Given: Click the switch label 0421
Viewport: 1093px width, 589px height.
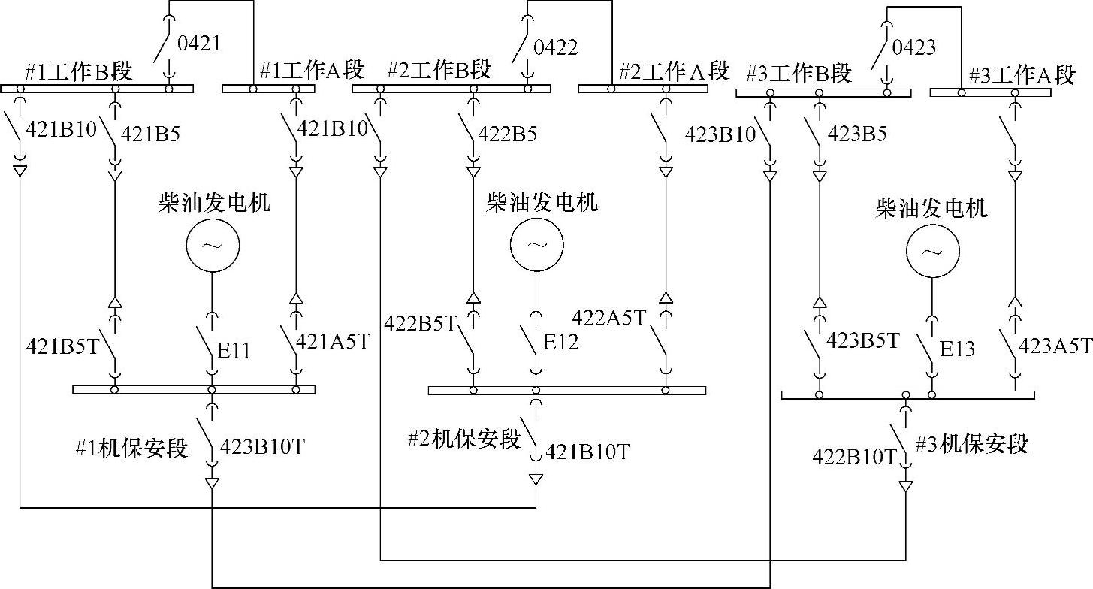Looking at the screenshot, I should click(198, 44).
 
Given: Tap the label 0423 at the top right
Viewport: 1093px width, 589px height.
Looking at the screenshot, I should click(913, 47).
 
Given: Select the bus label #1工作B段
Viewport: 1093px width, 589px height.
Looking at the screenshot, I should click(78, 72).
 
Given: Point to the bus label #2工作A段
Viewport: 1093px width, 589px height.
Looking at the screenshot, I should click(674, 71).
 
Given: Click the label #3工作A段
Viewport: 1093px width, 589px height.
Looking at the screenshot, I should click(1022, 76).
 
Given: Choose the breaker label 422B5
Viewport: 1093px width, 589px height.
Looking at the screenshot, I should click(509, 134).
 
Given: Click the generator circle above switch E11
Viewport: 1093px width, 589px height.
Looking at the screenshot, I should click(212, 246).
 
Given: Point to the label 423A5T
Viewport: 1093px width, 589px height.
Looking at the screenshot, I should click(1054, 346).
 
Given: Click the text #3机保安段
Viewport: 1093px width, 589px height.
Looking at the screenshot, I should click(971, 443).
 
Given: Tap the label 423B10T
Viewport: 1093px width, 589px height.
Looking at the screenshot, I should click(263, 447).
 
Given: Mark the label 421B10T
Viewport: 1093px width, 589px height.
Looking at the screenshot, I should click(587, 452).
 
